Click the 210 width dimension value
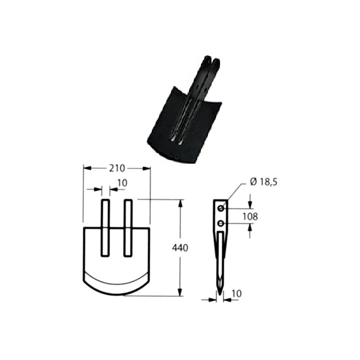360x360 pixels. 117,169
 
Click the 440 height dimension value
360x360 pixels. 180,248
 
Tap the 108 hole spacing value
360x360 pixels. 250,217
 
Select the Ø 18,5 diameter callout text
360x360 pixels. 263,182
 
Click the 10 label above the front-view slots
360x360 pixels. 122,183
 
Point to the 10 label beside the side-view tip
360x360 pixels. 237,294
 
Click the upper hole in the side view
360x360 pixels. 221,208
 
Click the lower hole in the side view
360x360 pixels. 221,223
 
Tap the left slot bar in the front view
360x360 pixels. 105,228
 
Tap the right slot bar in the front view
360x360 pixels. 128,228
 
